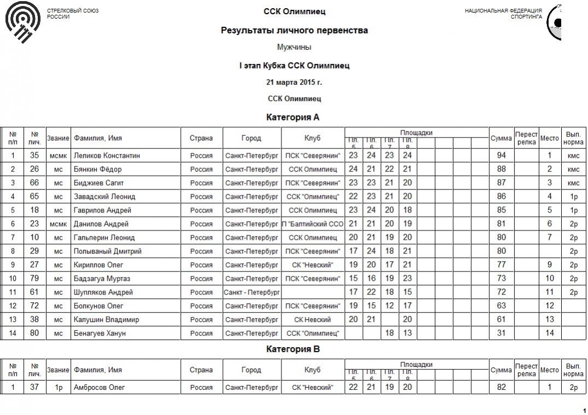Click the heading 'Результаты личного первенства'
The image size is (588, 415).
point(294,31)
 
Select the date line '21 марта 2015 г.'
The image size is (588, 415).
point(294,82)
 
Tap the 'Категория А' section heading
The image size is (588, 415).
point(293,117)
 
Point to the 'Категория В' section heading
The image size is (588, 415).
point(293,349)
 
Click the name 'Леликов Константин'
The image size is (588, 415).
point(107,155)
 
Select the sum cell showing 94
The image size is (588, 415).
point(500,155)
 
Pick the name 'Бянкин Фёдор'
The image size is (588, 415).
point(98,169)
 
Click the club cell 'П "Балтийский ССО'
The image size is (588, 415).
point(313,224)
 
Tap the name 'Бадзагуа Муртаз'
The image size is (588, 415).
point(102,279)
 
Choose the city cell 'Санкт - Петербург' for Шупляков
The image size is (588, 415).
point(252,292)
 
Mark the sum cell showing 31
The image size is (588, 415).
point(500,333)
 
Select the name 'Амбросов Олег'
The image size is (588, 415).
point(99,388)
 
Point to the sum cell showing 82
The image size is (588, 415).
point(500,388)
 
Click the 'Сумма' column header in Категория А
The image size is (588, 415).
point(500,139)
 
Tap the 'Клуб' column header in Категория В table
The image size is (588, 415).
point(313,370)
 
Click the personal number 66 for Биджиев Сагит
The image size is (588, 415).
point(34,183)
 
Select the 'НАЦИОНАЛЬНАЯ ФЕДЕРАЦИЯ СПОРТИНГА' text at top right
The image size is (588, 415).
point(503,14)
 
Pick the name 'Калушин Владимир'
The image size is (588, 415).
point(106,320)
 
